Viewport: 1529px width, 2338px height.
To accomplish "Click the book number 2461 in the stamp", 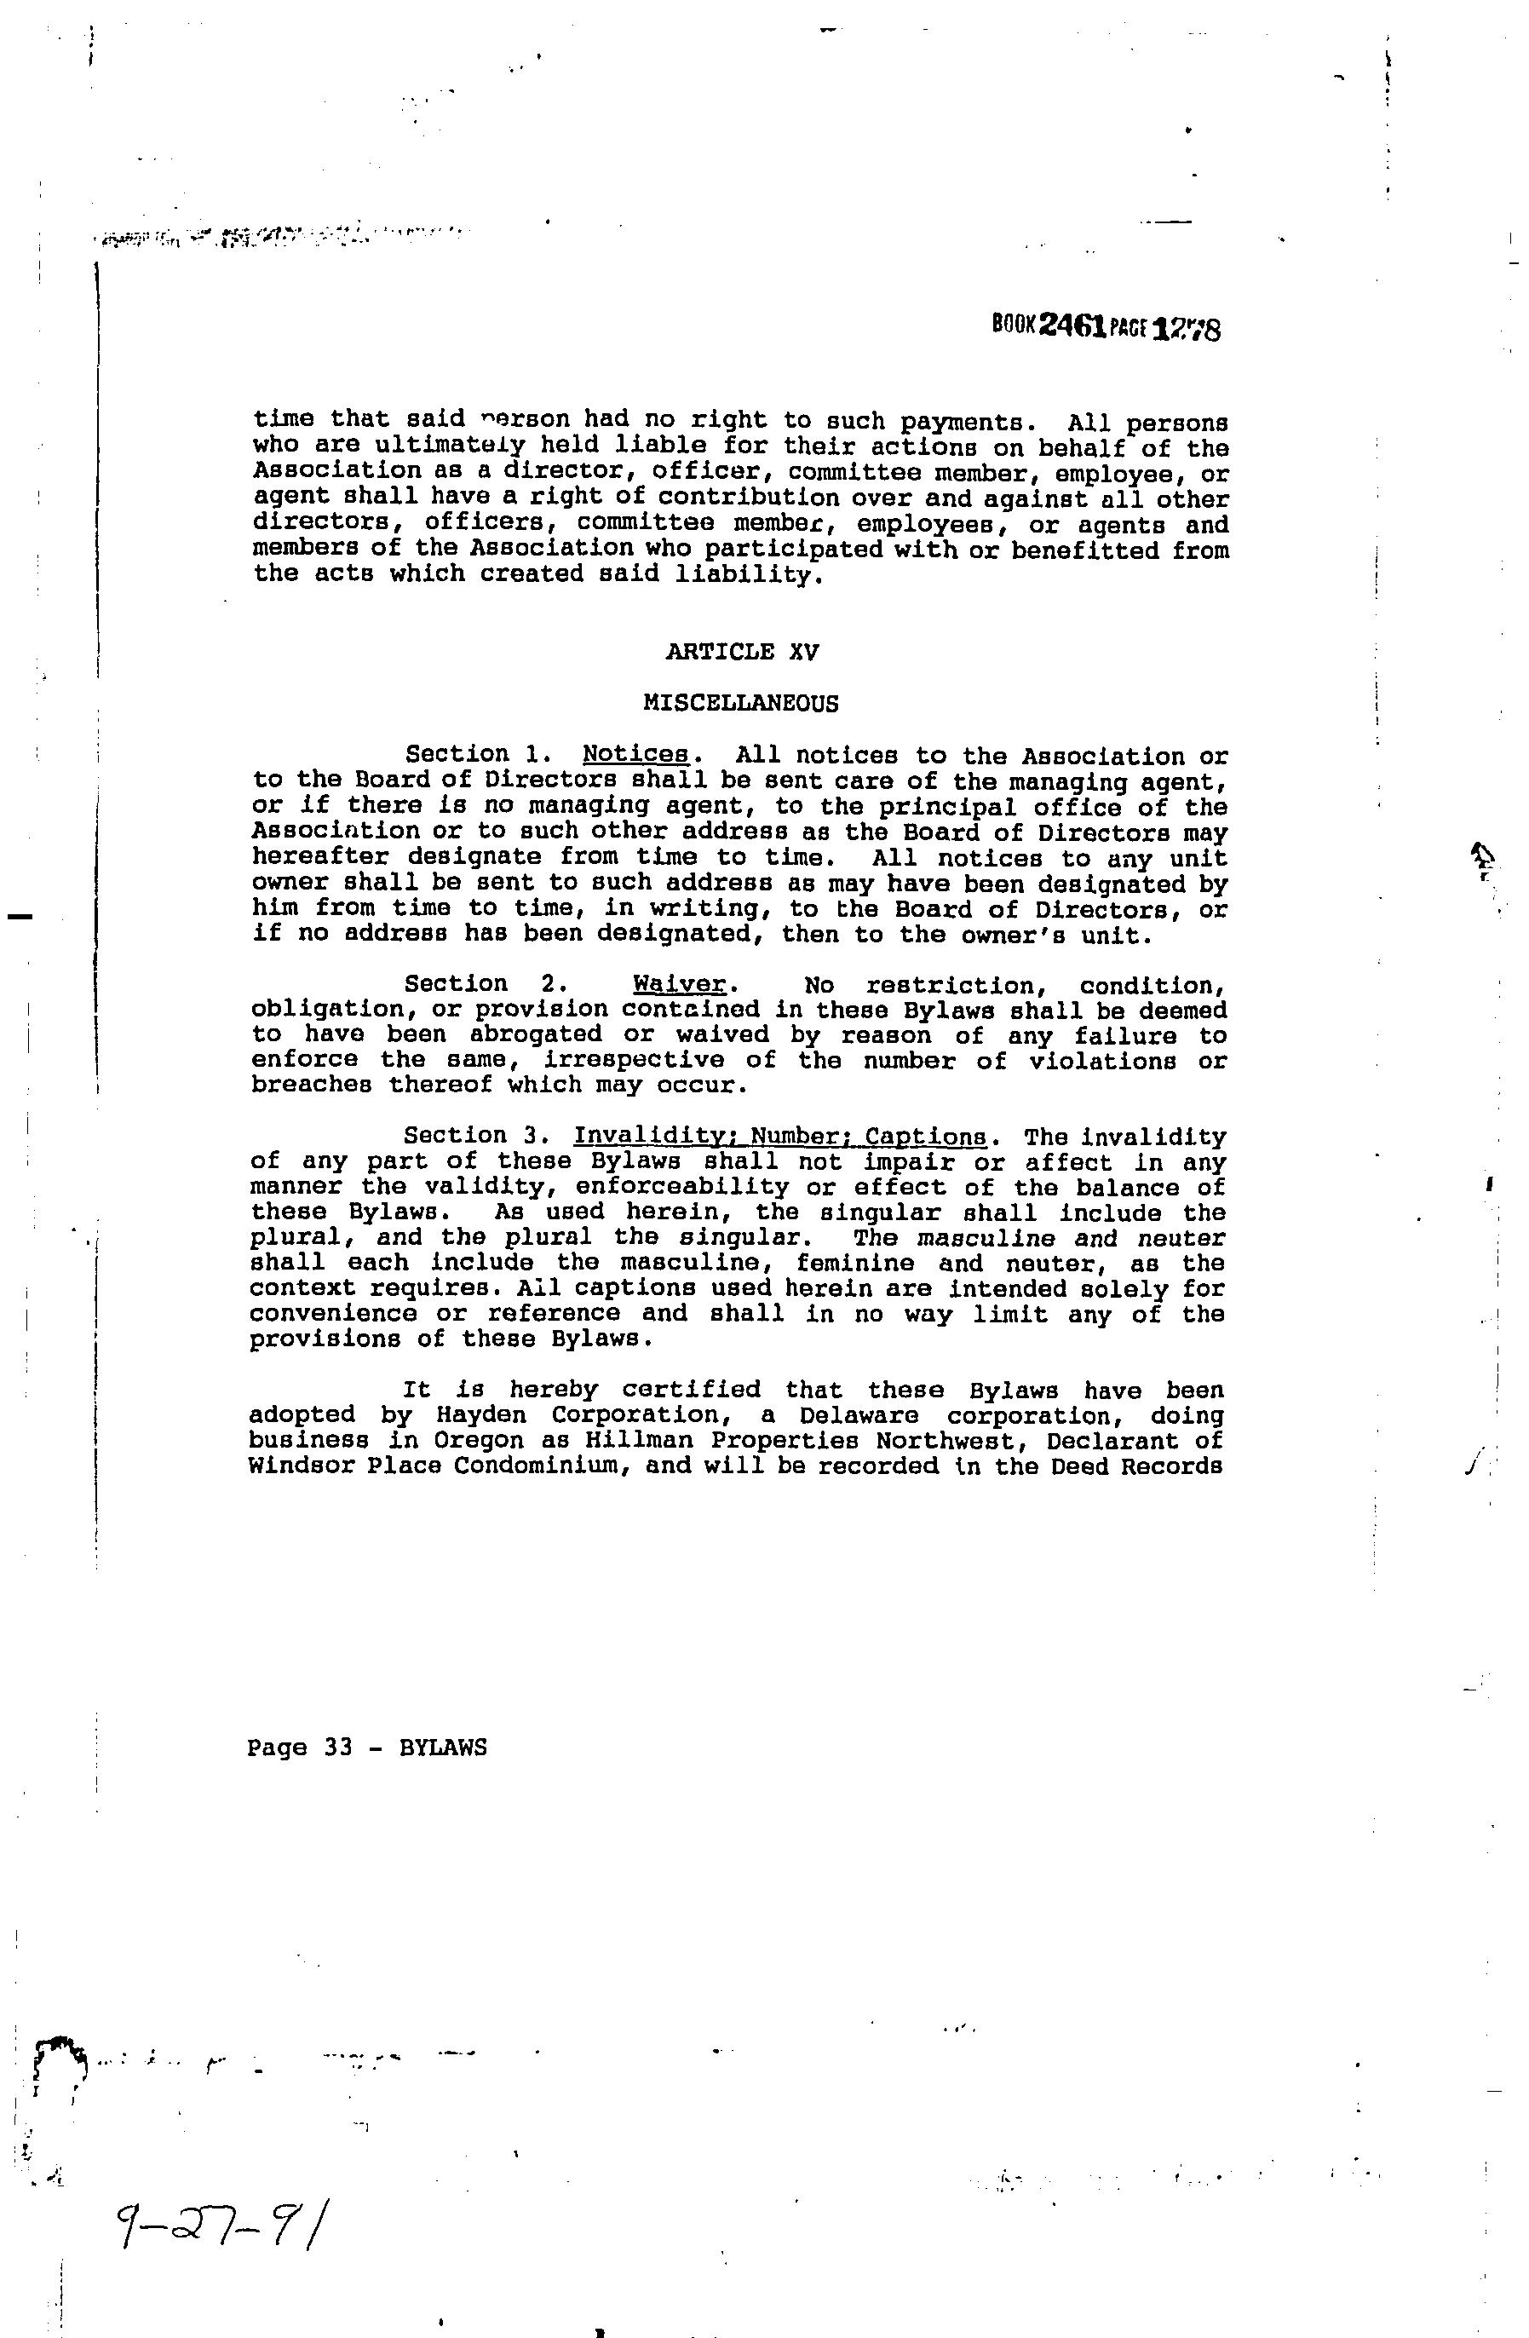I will tap(1073, 325).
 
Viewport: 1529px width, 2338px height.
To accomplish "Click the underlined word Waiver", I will tap(680, 984).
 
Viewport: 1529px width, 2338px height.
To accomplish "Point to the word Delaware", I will tap(859, 1414).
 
